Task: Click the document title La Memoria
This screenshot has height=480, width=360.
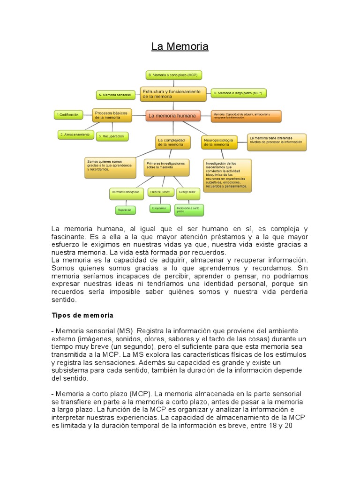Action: pyautogui.click(x=180, y=47)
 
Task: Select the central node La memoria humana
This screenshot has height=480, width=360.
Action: pyautogui.click(x=172, y=115)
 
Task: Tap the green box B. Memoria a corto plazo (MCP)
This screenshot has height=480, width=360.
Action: pyautogui.click(x=173, y=75)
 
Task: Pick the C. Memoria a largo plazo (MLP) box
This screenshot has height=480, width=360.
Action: pyautogui.click(x=238, y=93)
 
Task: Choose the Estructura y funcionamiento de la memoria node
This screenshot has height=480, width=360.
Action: pyautogui.click(x=173, y=94)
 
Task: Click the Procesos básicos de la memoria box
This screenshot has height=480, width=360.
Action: pyautogui.click(x=112, y=115)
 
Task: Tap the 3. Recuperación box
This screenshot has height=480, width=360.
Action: pyautogui.click(x=112, y=136)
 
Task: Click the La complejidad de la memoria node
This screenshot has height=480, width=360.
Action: pyautogui.click(x=173, y=142)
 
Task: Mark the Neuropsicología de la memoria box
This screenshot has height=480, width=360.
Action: pyautogui.click(x=218, y=142)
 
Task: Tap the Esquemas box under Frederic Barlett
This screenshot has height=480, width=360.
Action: pyautogui.click(x=159, y=208)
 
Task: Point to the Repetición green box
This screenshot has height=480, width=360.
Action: pyautogui.click(x=125, y=210)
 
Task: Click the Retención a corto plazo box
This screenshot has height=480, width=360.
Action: pyautogui.click(x=189, y=210)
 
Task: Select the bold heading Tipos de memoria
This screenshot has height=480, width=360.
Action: pyautogui.click(x=82, y=315)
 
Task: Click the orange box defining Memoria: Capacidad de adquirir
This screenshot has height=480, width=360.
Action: pyautogui.click(x=246, y=116)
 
